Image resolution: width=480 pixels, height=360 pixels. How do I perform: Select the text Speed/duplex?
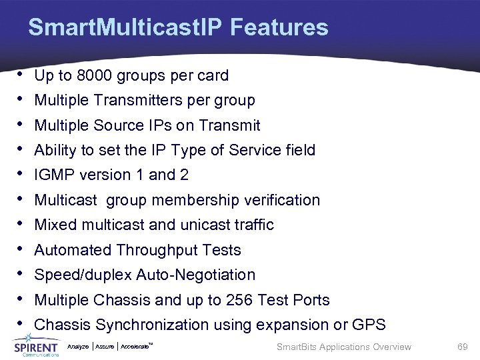[x=83, y=275]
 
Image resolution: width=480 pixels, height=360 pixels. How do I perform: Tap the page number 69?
[x=463, y=347]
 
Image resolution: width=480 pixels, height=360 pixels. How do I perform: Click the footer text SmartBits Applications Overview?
[x=343, y=347]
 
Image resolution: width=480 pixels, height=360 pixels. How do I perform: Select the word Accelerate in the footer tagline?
[x=139, y=347]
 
